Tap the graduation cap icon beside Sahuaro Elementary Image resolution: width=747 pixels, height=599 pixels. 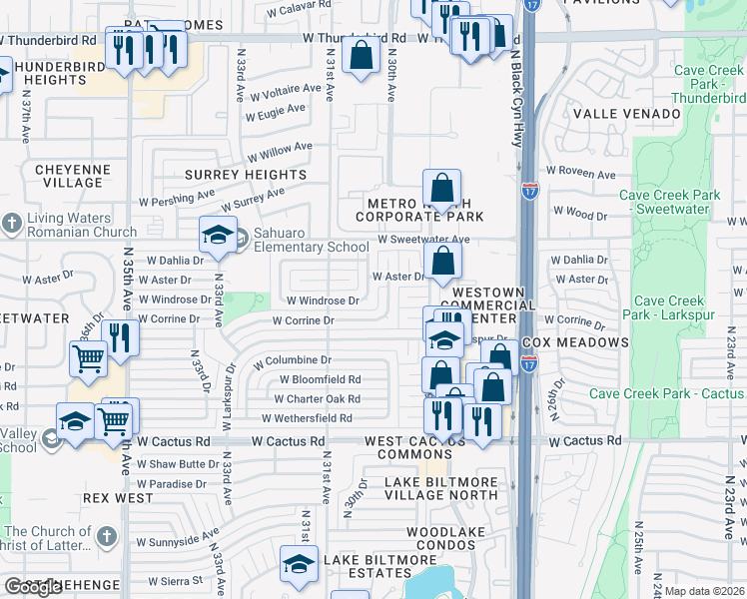[x=218, y=236]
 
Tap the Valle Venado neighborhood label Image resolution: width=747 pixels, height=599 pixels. [x=618, y=114]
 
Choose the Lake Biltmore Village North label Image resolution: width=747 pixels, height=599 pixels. [x=440, y=489]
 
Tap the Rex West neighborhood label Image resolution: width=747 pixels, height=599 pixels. [x=119, y=497]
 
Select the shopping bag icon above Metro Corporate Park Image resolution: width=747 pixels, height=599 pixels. [x=440, y=187]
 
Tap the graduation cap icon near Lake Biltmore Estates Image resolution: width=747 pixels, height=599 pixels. [x=299, y=564]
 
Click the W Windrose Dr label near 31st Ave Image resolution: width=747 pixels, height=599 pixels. [x=323, y=300]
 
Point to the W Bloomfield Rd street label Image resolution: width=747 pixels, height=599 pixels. [x=320, y=379]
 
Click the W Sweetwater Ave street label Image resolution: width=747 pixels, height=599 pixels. [x=422, y=240]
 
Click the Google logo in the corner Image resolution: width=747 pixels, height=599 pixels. [x=33, y=587]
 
